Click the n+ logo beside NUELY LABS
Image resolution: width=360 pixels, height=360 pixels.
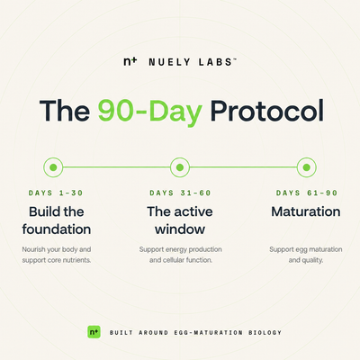[x=130, y=61]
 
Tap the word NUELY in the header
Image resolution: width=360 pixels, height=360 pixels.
[x=169, y=62]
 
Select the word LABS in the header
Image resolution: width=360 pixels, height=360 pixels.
[x=215, y=62]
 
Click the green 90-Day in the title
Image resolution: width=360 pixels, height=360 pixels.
[x=150, y=111]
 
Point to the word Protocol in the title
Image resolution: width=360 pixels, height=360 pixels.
[x=267, y=111]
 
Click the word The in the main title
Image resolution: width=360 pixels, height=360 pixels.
[x=65, y=111]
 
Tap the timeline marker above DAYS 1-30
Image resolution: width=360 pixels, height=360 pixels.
[x=53, y=167]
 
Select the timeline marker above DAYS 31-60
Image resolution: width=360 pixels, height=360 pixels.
[x=180, y=167]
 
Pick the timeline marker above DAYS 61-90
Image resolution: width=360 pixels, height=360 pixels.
[x=307, y=167]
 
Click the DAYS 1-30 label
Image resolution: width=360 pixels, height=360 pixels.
[x=56, y=193]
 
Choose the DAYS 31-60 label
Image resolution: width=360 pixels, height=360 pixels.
[x=180, y=193]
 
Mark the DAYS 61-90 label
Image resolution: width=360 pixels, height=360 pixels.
[x=307, y=193]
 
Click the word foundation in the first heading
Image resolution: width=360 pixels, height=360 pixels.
[x=57, y=229]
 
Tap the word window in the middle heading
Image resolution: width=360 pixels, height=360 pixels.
[x=180, y=229]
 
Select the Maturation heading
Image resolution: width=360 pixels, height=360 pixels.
[x=306, y=211]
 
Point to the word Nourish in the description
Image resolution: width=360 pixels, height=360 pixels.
[x=33, y=249]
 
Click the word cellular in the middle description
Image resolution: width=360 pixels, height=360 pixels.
[x=174, y=260]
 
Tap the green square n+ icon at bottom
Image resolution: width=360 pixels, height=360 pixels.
[x=94, y=332]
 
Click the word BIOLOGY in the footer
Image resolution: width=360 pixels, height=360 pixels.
[x=265, y=333]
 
